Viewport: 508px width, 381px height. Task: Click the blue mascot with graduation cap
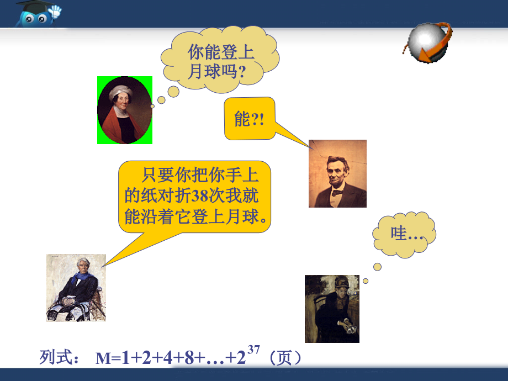[x=37, y=13]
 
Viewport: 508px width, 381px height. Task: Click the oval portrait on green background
[x=125, y=110]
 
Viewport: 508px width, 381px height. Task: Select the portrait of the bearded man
[x=337, y=173]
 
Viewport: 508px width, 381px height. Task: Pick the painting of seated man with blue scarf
[x=76, y=287]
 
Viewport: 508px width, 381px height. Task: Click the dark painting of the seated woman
[x=332, y=309]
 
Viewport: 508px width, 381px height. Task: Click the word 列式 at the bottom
[x=55, y=358]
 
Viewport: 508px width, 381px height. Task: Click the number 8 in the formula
[x=189, y=358]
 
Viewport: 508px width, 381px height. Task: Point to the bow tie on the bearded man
[x=335, y=192]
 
